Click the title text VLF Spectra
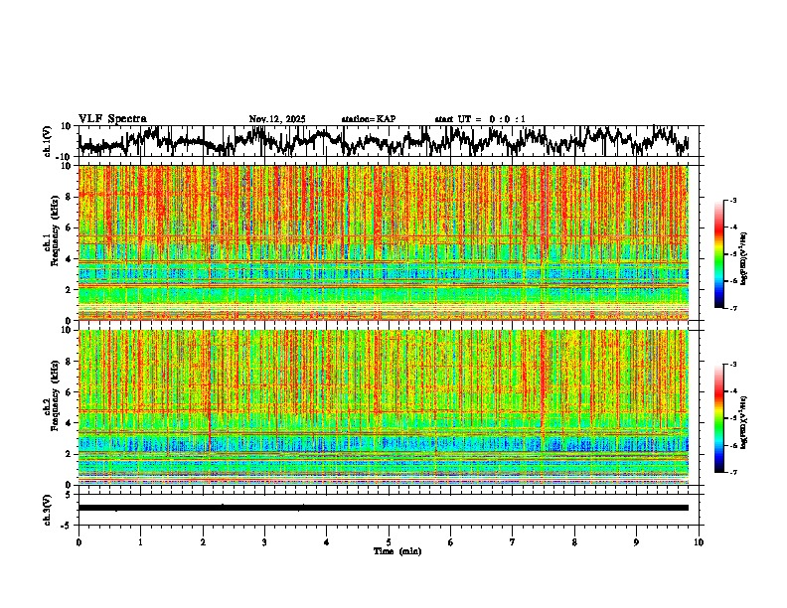tap(112, 118)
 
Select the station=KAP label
tap(368, 119)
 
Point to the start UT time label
tap(480, 119)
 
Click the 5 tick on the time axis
tap(389, 542)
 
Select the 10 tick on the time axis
tap(700, 542)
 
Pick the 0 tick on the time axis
tap(79, 542)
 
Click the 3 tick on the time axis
tap(264, 542)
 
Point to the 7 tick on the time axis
tap(513, 542)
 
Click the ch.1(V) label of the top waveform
tap(47, 142)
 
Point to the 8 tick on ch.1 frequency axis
tap(69, 197)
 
